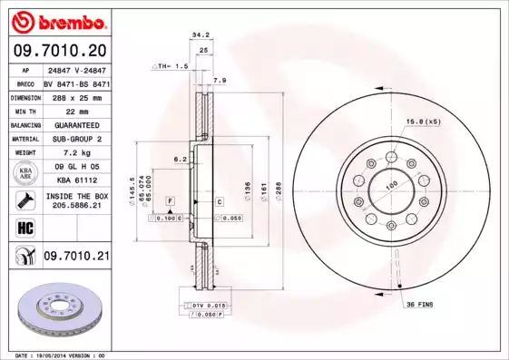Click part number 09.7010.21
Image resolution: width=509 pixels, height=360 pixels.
click(x=75, y=258)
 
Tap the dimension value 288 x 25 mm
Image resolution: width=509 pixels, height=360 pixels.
click(x=75, y=95)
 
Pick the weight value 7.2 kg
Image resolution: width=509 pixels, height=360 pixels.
click(x=75, y=153)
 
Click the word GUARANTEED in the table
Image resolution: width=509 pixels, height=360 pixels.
click(x=75, y=124)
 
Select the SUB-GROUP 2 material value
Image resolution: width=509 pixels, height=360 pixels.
click(x=75, y=139)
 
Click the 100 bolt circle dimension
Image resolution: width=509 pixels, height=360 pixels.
click(x=393, y=188)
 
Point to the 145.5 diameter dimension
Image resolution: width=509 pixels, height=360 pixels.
click(x=133, y=190)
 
